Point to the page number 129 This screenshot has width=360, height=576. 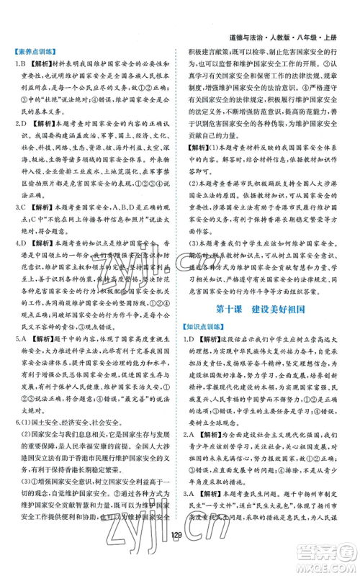point(179,554)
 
